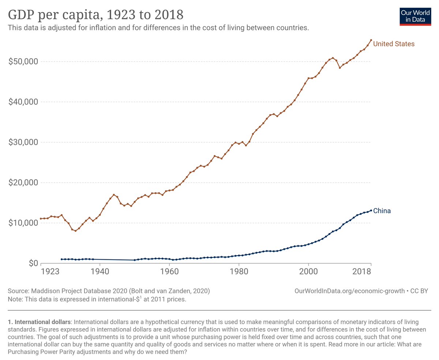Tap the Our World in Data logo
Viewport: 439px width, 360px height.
(x=415, y=15)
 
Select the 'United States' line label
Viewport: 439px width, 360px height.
(x=394, y=44)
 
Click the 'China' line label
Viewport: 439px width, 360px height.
(x=382, y=211)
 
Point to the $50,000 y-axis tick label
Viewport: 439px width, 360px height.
(x=23, y=61)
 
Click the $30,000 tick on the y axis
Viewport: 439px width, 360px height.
(x=23, y=142)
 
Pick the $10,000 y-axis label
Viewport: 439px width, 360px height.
(x=23, y=223)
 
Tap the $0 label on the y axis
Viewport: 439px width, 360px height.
(x=33, y=263)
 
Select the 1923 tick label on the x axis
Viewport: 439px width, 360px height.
(x=50, y=272)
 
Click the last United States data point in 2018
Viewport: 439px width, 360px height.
(x=371, y=40)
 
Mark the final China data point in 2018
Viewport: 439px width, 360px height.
(x=371, y=210)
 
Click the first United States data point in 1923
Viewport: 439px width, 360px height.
(x=41, y=219)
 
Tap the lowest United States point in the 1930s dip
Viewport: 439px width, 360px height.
(x=75, y=231)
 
